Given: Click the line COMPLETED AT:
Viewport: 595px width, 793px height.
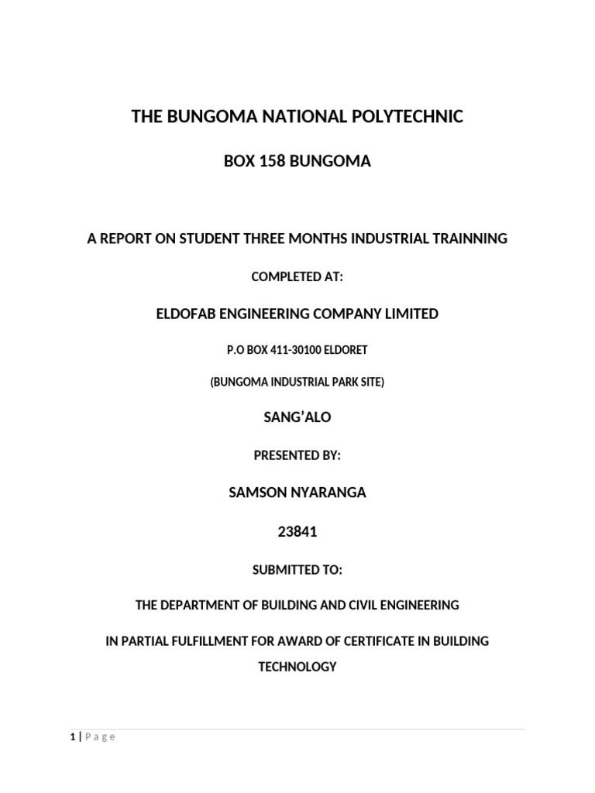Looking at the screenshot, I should click(x=297, y=276).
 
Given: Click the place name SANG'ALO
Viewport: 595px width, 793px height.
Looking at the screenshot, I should click(x=297, y=417).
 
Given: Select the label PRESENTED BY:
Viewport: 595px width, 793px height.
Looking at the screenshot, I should click(x=297, y=456).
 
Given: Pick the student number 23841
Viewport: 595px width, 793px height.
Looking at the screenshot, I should click(x=297, y=532).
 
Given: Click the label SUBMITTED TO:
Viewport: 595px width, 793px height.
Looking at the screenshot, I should click(x=297, y=570).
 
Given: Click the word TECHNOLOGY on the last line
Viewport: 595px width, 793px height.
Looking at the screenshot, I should click(x=297, y=666).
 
